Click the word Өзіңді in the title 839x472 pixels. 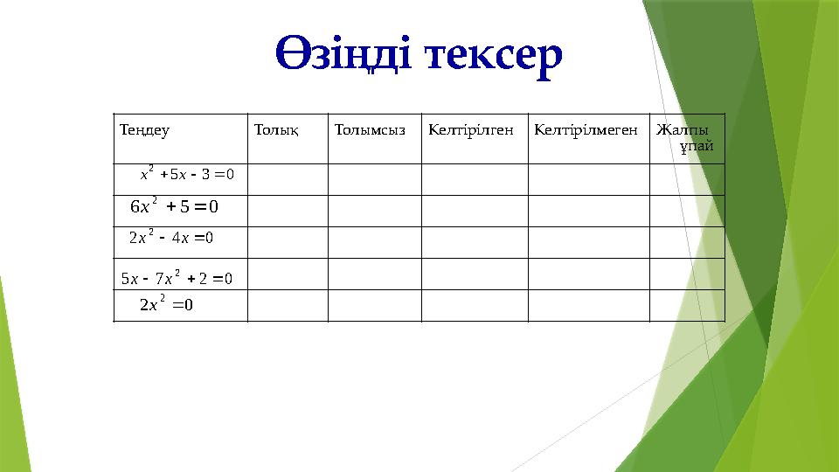[342, 55]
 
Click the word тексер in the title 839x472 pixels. [493, 55]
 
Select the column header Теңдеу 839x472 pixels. [144, 131]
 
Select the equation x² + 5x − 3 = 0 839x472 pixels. [187, 173]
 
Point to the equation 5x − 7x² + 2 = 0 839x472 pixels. [177, 280]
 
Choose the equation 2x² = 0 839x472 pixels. [166, 305]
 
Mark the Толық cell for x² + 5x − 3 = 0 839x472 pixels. [288, 179]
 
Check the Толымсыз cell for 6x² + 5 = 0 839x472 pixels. [374, 211]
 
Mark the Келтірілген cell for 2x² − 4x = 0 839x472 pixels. [475, 242]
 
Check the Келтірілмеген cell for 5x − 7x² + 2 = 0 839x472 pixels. [588, 274]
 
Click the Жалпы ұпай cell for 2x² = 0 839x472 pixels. [686, 305]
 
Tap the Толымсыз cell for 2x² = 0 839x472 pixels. [374, 305]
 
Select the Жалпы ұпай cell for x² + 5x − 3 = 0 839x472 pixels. [686, 179]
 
